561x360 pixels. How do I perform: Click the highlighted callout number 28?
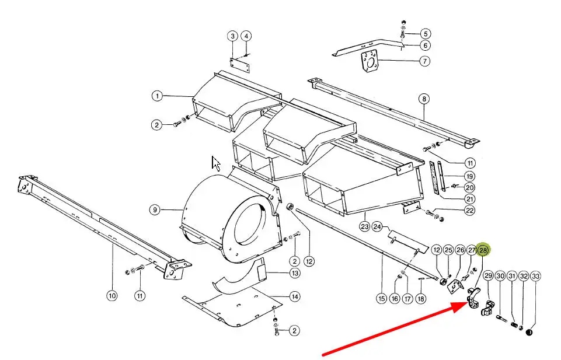click(483, 250)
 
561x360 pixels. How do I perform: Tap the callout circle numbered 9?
click(155, 209)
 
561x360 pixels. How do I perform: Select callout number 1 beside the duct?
click(156, 96)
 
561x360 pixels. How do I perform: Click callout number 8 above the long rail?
click(424, 99)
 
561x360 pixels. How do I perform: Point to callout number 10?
click(112, 296)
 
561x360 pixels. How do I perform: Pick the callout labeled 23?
click(365, 226)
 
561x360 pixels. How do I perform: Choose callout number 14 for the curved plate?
click(294, 296)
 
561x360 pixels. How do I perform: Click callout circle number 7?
click(424, 61)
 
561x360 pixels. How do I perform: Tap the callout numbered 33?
click(535, 277)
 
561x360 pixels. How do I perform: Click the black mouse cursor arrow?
click(216, 164)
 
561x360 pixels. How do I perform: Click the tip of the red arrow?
click(466, 303)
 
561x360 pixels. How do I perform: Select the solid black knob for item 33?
click(529, 333)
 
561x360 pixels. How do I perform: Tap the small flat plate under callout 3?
click(240, 66)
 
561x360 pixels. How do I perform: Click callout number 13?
click(294, 273)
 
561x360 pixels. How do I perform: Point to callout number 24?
click(377, 226)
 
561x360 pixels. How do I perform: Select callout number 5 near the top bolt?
click(425, 34)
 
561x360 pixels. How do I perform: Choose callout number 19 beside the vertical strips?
click(469, 176)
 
